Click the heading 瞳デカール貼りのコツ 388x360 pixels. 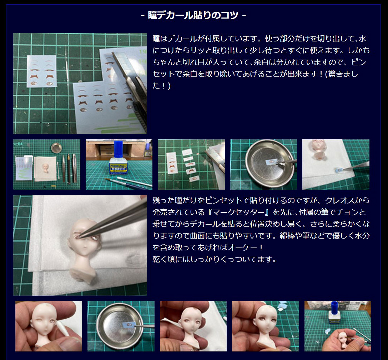(x=193, y=15)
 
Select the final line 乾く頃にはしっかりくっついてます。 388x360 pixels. (x=215, y=259)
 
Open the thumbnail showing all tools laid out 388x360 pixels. (x=47, y=164)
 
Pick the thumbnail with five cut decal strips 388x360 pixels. (x=191, y=164)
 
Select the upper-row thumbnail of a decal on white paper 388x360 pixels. (x=336, y=164)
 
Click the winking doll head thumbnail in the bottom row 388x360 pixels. (x=49, y=326)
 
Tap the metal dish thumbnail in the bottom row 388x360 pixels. (x=121, y=326)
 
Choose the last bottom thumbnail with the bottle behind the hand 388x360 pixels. (x=337, y=326)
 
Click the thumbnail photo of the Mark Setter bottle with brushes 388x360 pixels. (x=119, y=164)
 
